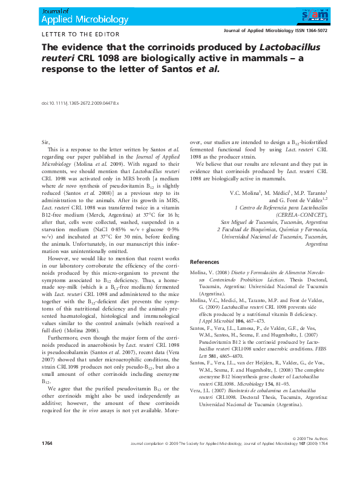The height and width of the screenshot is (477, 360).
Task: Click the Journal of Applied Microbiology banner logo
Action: [76, 16]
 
